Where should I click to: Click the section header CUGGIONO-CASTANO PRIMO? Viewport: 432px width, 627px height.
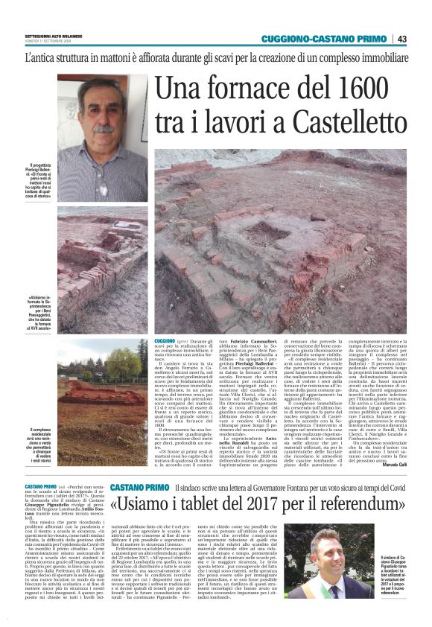[x=325, y=39]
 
